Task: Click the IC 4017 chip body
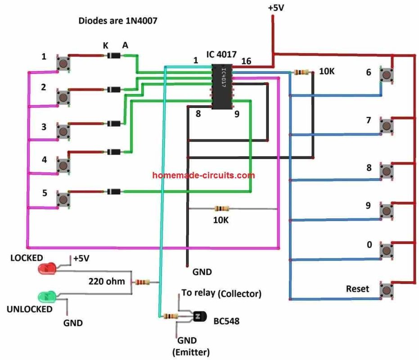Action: [x=222, y=86]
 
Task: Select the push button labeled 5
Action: [x=64, y=198]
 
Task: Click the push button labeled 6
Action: [x=387, y=75]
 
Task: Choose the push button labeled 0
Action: [x=387, y=250]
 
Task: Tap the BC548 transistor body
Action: [x=198, y=317]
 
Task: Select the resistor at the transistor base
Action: [x=170, y=316]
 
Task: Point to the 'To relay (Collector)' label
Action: [x=221, y=294]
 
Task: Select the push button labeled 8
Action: [x=387, y=171]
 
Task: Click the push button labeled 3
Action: [x=64, y=131]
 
